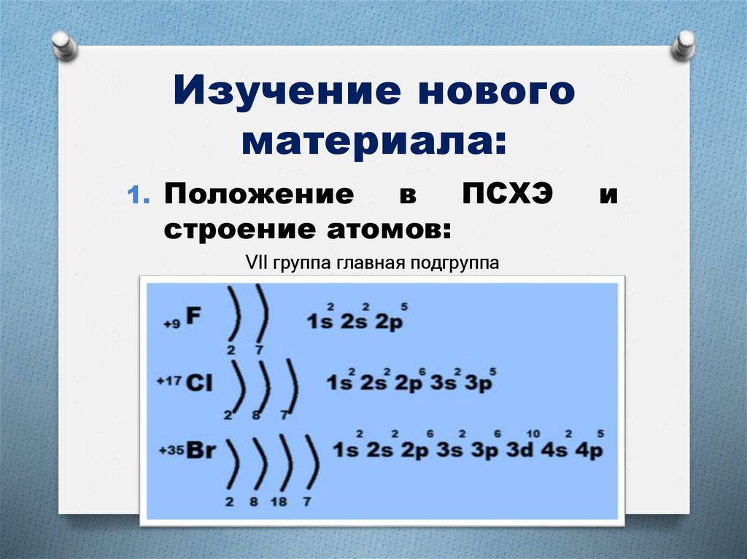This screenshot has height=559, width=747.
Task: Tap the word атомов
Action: click(383, 229)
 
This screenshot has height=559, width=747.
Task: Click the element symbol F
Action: click(193, 315)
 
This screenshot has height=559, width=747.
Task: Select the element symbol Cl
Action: click(198, 382)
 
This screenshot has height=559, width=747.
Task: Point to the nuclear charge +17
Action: click(170, 381)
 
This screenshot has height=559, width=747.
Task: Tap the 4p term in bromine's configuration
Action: click(589, 450)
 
